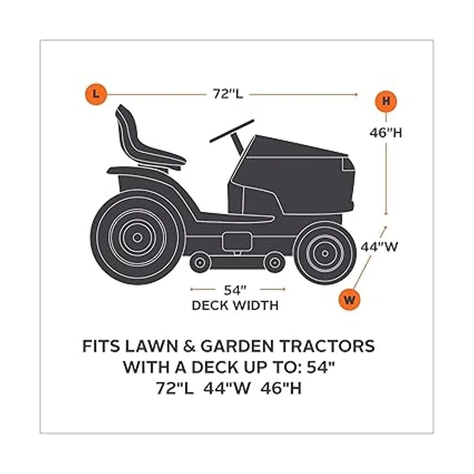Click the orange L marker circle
tap(96, 94)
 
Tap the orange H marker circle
tap(386, 101)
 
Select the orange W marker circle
tap(349, 299)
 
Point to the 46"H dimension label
tap(386, 133)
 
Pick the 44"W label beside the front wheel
tap(379, 247)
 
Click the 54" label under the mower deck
tap(235, 290)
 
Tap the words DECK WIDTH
tap(235, 306)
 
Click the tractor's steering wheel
tap(231, 131)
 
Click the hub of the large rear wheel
tap(137, 238)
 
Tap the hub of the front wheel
tap(325, 253)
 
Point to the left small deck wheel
tap(199, 262)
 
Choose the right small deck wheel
tap(274, 262)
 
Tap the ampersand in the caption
tap(189, 346)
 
